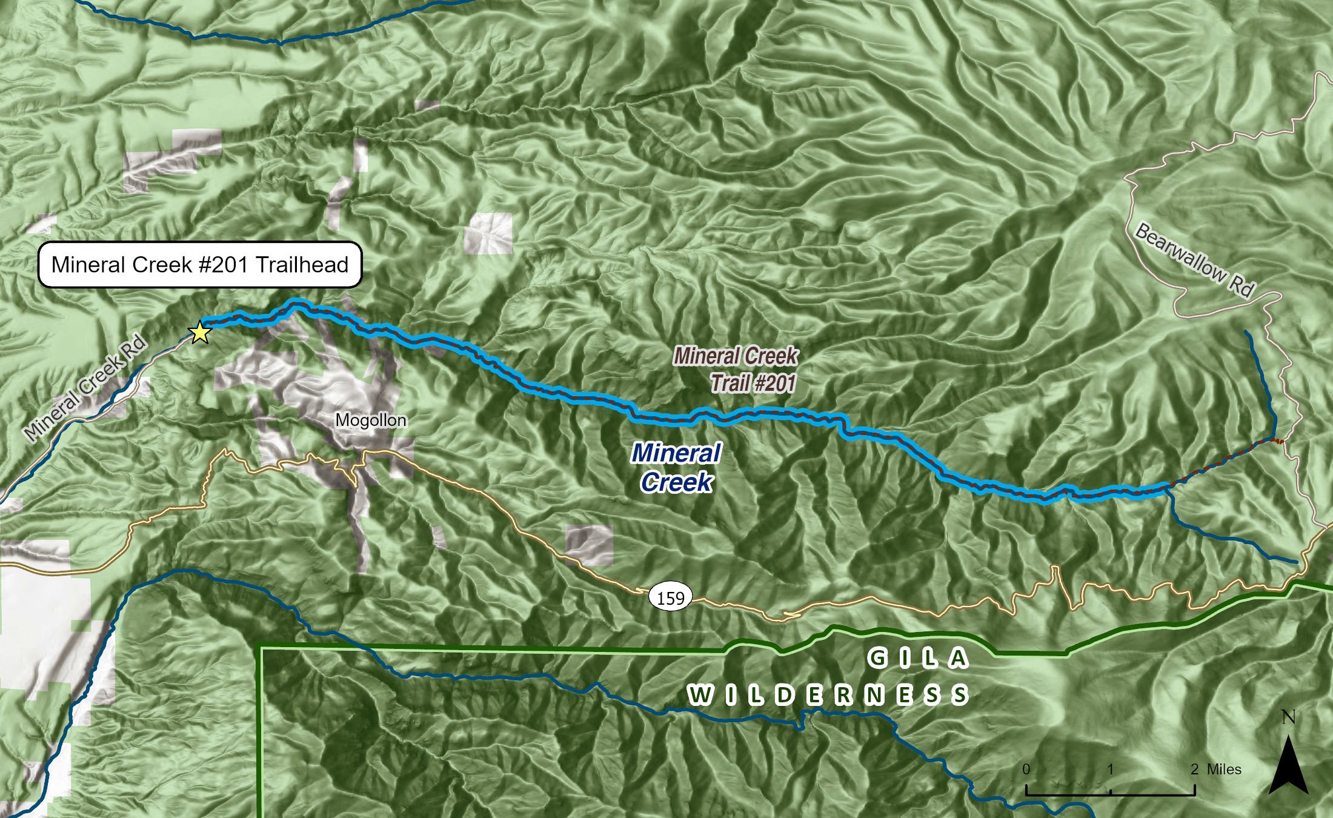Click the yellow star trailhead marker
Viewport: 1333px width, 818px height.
(x=199, y=332)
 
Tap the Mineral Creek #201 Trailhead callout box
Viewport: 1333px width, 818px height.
(x=200, y=265)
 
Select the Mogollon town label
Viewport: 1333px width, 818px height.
(x=371, y=420)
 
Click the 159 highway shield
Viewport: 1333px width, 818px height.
(x=671, y=598)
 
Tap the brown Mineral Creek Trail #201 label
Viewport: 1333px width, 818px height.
(x=736, y=369)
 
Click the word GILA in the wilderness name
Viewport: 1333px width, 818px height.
(x=918, y=658)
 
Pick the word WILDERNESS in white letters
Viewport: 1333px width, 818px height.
(x=828, y=695)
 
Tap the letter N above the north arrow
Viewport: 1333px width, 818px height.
(x=1288, y=717)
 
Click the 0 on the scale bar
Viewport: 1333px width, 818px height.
(x=1026, y=769)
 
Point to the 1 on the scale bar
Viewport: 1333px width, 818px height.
(x=1110, y=769)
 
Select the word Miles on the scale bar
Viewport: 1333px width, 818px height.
(x=1224, y=769)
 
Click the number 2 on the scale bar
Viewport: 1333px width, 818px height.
(x=1194, y=769)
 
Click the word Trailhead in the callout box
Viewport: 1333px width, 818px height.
(x=302, y=265)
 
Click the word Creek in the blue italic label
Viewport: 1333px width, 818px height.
(x=676, y=482)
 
